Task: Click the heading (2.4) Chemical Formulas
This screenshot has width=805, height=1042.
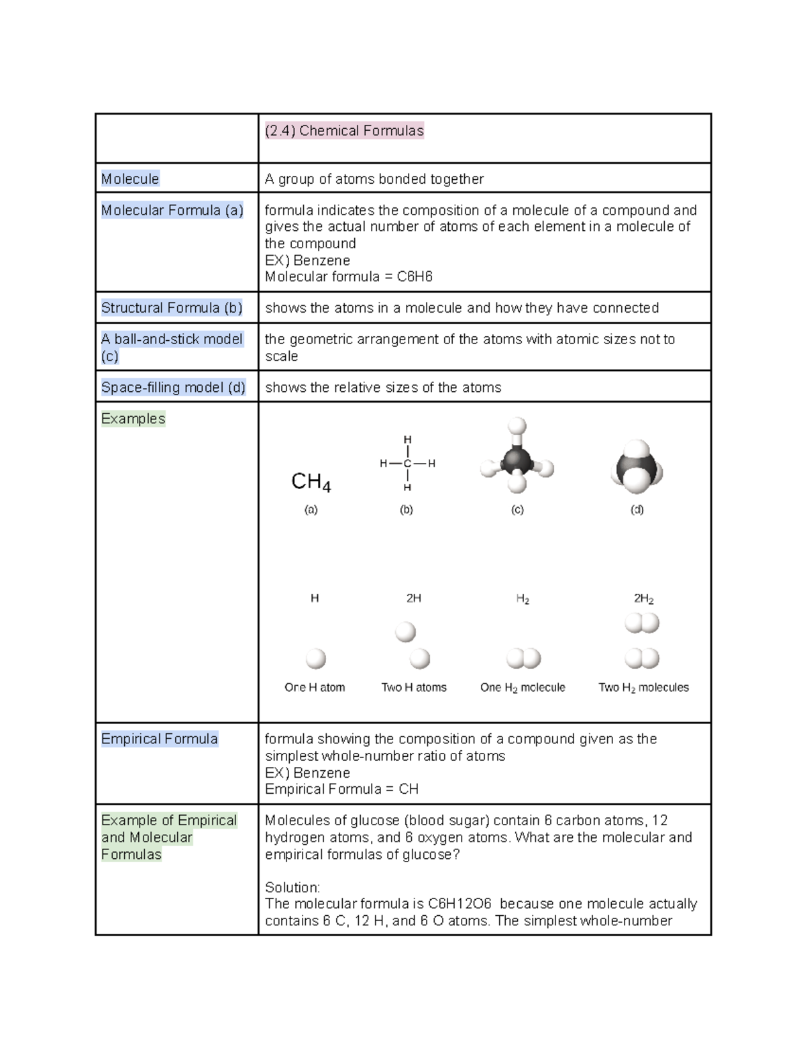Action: point(344,131)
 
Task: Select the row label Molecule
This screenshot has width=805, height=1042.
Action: point(130,179)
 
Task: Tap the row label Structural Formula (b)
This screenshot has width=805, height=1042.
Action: point(172,308)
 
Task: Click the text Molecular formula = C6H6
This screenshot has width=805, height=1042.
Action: point(348,276)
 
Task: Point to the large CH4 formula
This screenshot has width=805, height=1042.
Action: point(311,482)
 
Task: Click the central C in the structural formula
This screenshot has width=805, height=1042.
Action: point(407,463)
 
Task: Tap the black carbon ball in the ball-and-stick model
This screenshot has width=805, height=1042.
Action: point(517,461)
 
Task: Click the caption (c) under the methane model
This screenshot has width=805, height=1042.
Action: point(517,510)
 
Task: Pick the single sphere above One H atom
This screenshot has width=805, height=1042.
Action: point(315,659)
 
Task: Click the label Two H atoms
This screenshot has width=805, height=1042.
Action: point(414,687)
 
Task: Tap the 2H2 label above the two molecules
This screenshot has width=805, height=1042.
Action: point(643,598)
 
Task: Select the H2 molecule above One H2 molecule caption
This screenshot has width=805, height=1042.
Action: point(523,659)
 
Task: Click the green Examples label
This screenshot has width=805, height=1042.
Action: point(133,419)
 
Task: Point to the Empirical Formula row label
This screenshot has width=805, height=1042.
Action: point(159,739)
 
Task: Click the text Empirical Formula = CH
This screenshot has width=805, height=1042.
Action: point(341,789)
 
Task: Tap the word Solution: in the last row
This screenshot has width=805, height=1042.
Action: point(292,887)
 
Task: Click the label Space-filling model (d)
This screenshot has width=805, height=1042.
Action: point(173,387)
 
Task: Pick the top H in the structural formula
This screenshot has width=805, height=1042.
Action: point(407,439)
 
